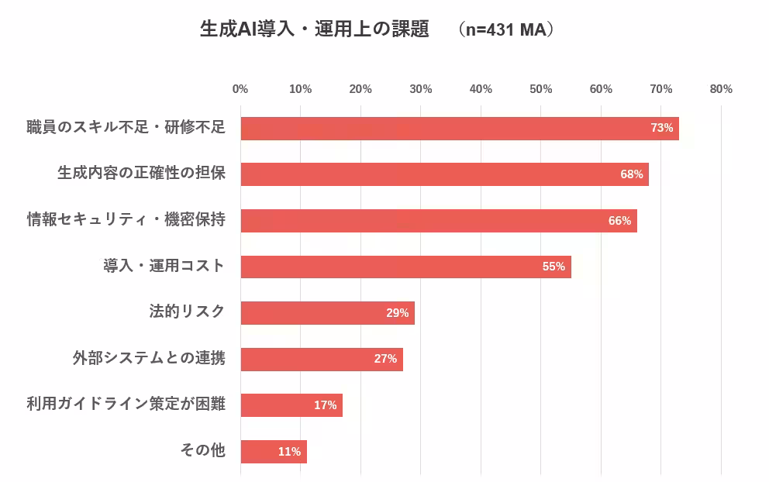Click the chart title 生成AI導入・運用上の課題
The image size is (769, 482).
tap(314, 29)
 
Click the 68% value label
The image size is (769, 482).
tap(632, 174)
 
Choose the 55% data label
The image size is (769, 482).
tap(553, 267)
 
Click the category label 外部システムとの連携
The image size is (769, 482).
tap(149, 358)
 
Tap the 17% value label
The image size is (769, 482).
tap(325, 405)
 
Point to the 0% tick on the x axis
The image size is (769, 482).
tap(240, 89)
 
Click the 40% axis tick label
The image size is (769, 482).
tap(481, 89)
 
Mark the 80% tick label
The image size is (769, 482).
tap(721, 89)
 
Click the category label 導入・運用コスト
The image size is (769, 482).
tap(164, 266)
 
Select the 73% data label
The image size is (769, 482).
tap(661, 128)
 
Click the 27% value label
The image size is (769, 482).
tap(385, 359)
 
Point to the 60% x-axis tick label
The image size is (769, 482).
tap(601, 89)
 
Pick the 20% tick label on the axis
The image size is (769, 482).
tap(360, 89)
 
